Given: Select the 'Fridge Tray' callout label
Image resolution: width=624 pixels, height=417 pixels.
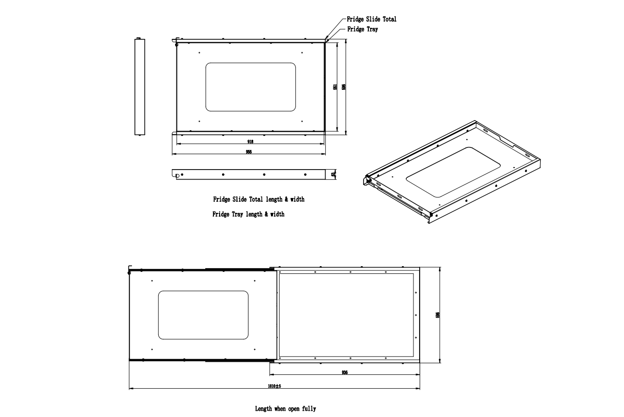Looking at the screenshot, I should coord(362,29).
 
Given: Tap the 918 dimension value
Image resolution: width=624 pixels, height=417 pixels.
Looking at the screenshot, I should coord(250,142).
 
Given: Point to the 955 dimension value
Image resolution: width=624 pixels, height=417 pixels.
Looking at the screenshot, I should coord(249,152).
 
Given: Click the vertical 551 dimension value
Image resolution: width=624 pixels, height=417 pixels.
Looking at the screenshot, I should coord(336,87).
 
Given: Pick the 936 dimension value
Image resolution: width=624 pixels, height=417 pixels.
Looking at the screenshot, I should coord(344,373).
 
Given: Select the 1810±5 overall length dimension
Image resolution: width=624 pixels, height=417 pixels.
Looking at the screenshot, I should coord(274,386).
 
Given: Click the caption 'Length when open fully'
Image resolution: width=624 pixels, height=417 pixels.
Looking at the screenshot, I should coord(285,409).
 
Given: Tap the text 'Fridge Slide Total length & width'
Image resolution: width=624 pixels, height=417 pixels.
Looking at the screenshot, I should coord(259,199).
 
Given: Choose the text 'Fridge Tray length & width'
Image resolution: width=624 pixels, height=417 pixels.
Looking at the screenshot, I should coord(248,214).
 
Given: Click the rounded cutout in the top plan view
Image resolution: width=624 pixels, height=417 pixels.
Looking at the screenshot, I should coord(250,87).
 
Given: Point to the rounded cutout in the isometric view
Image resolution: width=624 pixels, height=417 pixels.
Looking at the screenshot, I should coord(453,172).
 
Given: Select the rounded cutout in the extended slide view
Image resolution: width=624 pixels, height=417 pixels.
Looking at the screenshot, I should coord(203,315).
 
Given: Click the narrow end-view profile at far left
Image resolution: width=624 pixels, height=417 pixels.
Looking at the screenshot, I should coord(139,86).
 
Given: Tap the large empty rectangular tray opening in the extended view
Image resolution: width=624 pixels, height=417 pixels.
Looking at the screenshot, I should coord(346,315).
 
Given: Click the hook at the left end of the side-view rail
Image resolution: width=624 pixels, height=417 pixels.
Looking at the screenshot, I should coord(177,176).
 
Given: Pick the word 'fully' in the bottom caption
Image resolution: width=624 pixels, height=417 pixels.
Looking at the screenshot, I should coord(309,409).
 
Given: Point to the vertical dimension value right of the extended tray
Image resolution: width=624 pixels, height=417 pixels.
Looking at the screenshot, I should coord(437,315).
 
